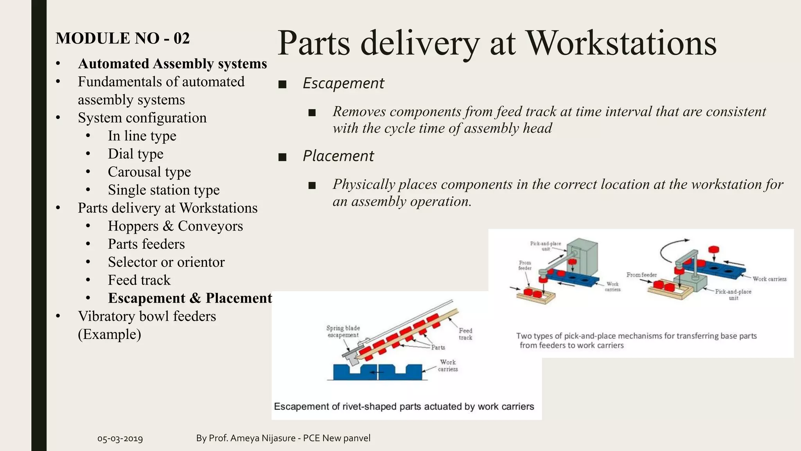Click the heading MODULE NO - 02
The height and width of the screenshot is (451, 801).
click(x=122, y=38)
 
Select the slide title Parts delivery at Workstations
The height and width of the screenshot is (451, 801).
click(x=497, y=43)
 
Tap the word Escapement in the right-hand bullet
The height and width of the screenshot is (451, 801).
click(x=343, y=83)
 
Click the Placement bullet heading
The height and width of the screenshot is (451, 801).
click(x=338, y=156)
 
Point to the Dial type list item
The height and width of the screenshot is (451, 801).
click(x=135, y=154)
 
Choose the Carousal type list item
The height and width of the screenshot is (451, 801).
click(x=149, y=172)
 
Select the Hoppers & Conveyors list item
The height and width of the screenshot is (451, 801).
click(x=175, y=226)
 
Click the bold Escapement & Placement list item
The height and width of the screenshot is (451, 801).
click(x=190, y=298)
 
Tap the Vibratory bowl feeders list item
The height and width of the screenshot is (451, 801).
click(x=147, y=316)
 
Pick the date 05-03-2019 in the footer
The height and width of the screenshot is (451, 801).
click(x=120, y=438)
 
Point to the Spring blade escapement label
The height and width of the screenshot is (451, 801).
click(x=343, y=332)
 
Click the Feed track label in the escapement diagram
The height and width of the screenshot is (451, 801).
click(x=465, y=334)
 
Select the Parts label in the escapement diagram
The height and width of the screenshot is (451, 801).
click(x=438, y=347)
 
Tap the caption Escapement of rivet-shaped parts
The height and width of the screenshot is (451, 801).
click(x=404, y=406)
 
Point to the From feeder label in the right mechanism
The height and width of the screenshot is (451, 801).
click(x=641, y=275)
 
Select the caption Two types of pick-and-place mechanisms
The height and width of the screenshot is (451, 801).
click(x=636, y=340)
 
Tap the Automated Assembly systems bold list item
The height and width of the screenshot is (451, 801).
click(x=172, y=64)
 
